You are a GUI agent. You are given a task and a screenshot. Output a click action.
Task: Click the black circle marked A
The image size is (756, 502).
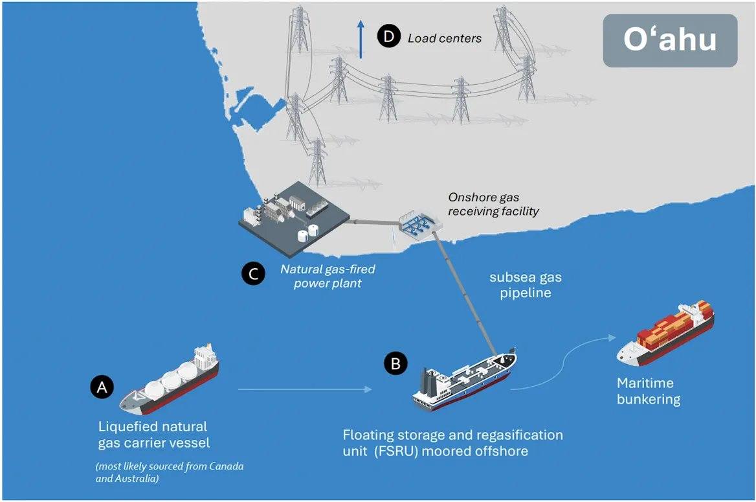[102, 387]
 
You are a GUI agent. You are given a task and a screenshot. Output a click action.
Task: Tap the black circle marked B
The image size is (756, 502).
[395, 363]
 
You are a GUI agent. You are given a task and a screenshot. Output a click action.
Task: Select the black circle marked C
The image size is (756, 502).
[253, 274]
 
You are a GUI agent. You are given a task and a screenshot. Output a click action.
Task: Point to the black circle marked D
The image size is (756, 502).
[389, 37]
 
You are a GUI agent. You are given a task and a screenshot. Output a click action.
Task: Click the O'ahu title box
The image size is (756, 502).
[670, 41]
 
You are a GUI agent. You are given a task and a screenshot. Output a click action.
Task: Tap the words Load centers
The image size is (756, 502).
[445, 38]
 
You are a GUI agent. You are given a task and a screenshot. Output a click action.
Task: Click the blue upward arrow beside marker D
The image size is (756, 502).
[360, 39]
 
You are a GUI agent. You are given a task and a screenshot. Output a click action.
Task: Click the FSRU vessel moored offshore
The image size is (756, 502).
[464, 380]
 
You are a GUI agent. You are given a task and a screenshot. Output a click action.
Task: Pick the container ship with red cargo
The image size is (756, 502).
[665, 334]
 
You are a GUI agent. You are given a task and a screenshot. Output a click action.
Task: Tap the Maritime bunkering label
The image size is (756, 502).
[649, 391]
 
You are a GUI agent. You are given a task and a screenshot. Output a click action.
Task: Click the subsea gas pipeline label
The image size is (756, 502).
[526, 285]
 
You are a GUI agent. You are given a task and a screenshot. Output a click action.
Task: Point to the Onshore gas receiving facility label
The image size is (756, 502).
[493, 204]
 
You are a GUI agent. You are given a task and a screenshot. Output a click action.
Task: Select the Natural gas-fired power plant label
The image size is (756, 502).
[328, 276]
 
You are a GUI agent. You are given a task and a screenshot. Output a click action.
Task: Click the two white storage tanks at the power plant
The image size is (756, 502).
[308, 234]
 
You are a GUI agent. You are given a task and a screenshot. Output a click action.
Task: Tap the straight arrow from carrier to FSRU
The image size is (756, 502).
[305, 389]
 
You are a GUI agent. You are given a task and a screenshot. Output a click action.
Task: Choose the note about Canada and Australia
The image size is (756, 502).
[169, 472]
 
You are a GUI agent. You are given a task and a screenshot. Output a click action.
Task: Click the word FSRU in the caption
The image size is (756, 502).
[395, 451]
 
